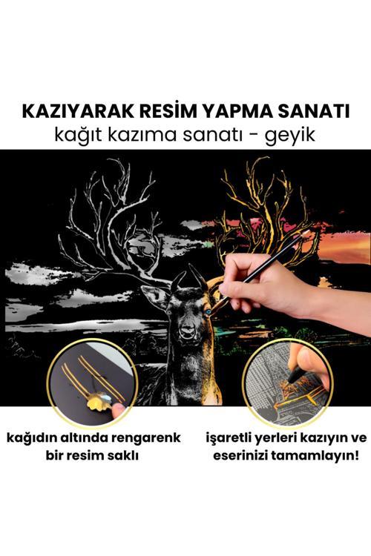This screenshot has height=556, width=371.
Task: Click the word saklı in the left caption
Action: pyautogui.click(x=122, y=454)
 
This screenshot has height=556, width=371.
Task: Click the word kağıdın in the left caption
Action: pyautogui.click(x=35, y=437)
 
